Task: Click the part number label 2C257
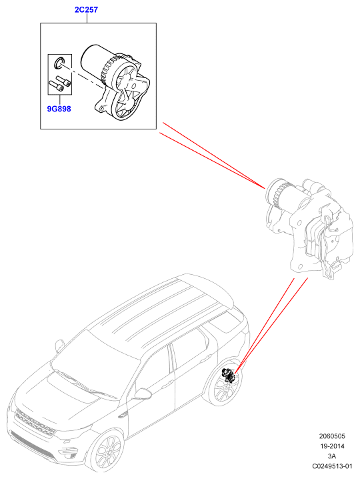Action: click(87, 10)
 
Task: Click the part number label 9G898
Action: click(59, 109)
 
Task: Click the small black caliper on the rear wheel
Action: click(228, 375)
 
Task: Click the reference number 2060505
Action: click(332, 436)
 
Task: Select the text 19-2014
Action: click(332, 446)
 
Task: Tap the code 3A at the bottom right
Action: click(332, 456)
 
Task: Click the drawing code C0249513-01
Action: click(332, 466)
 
